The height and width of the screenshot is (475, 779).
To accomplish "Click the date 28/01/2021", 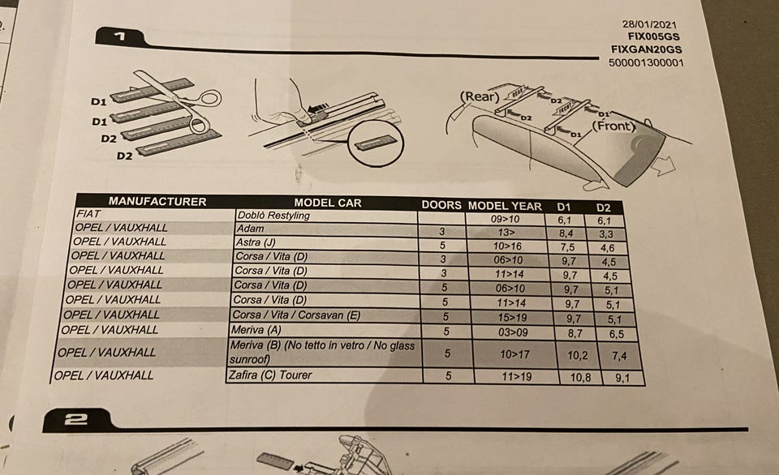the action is [649, 24].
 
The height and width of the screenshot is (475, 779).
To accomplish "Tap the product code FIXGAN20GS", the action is [647, 49].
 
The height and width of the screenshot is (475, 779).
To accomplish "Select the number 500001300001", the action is [647, 62].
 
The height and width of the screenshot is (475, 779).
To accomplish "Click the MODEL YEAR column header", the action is [505, 206].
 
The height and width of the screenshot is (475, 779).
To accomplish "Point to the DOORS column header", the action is [441, 205].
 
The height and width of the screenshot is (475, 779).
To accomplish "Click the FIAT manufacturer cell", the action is [89, 214].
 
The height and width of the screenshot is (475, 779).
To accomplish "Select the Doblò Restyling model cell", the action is [273, 216].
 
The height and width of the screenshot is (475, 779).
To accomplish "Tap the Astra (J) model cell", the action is [256, 242].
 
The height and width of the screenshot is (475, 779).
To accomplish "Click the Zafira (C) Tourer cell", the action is [270, 374].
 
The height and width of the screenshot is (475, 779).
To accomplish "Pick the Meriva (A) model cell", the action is [256, 330].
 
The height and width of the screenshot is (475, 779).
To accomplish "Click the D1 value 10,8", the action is [580, 378].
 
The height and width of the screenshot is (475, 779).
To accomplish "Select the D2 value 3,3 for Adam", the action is [606, 234].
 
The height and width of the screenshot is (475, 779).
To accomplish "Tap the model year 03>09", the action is [513, 332].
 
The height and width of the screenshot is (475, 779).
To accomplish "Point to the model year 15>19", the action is [512, 318].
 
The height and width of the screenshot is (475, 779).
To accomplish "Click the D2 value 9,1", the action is [622, 379].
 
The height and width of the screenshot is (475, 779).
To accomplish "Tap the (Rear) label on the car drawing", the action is [480, 96].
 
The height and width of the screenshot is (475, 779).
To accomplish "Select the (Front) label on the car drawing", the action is [614, 126].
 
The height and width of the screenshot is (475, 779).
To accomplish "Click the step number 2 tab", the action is [75, 420].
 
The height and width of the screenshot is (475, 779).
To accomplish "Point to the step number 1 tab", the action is [119, 36].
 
